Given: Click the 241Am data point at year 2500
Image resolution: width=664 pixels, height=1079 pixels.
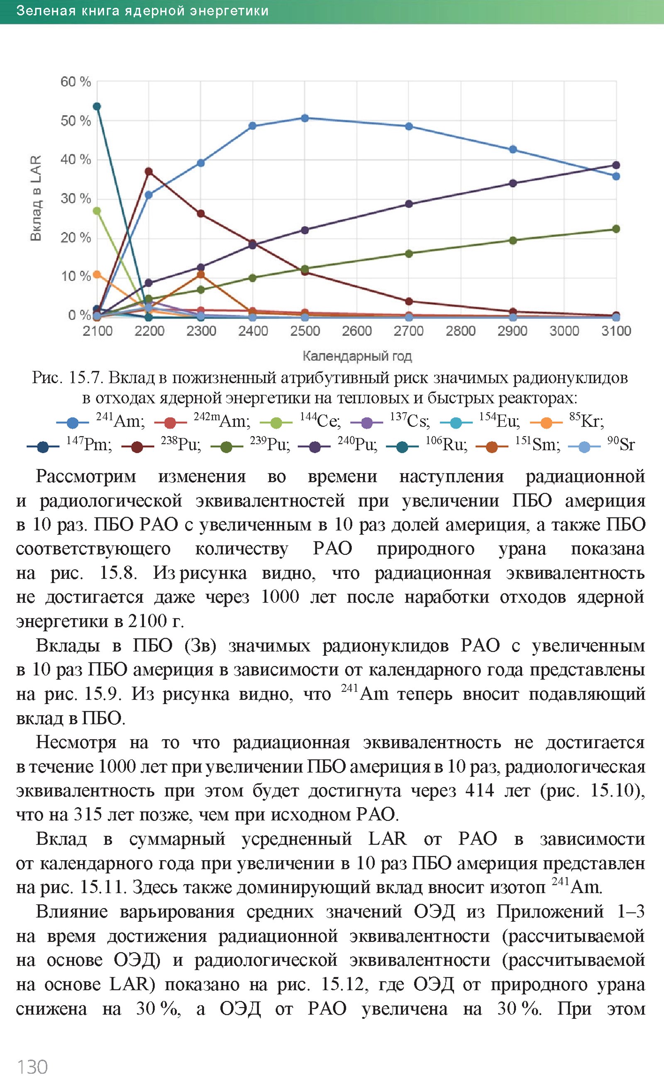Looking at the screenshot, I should (305, 118).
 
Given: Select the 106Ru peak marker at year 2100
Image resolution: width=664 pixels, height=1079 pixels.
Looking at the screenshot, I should (97, 107).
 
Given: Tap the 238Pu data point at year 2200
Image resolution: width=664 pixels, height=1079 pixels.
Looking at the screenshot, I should (149, 171).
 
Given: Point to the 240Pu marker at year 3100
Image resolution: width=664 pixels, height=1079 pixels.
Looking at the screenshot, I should (616, 165).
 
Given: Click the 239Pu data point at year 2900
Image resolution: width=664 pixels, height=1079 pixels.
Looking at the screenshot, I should (513, 240).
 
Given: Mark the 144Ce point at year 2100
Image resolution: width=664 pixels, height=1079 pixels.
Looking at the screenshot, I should (97, 211).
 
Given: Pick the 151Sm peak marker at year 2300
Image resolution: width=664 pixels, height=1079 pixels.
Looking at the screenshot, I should (201, 275).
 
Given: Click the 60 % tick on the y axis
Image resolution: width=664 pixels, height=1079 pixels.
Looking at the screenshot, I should (76, 82).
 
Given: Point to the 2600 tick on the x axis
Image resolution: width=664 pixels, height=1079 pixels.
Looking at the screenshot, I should (356, 331).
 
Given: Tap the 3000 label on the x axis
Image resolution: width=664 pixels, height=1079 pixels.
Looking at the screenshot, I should (564, 331).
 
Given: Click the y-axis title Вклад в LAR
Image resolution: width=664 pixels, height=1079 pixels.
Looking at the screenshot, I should (36, 198).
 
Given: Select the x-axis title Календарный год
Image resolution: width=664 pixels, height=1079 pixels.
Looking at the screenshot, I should (357, 356).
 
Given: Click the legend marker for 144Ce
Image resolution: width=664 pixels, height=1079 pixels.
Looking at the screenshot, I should (276, 423).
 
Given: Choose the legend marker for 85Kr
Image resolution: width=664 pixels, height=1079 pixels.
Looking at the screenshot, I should (546, 423).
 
